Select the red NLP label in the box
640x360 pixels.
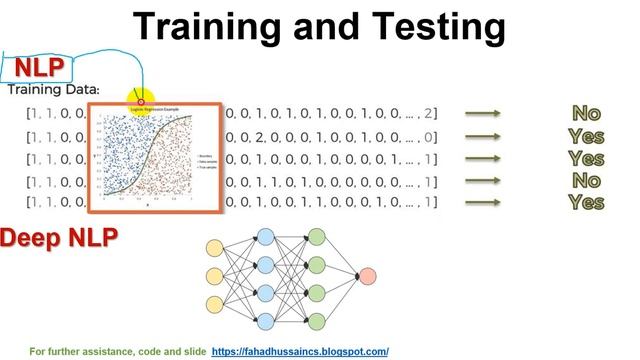(x=39, y=68)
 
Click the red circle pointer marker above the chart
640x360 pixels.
(x=141, y=101)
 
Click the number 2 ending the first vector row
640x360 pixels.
(x=429, y=114)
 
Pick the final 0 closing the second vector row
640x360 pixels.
(x=429, y=137)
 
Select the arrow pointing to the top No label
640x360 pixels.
(x=484, y=114)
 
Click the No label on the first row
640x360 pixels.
(x=586, y=114)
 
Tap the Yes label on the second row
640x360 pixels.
(x=586, y=137)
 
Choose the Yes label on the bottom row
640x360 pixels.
(x=586, y=202)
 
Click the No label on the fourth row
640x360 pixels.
(x=586, y=181)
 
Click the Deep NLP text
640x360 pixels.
(x=59, y=238)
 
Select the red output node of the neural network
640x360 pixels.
(x=367, y=276)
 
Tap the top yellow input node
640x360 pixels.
(x=214, y=248)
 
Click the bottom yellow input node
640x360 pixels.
(x=214, y=304)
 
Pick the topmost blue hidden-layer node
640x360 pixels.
(x=266, y=237)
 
